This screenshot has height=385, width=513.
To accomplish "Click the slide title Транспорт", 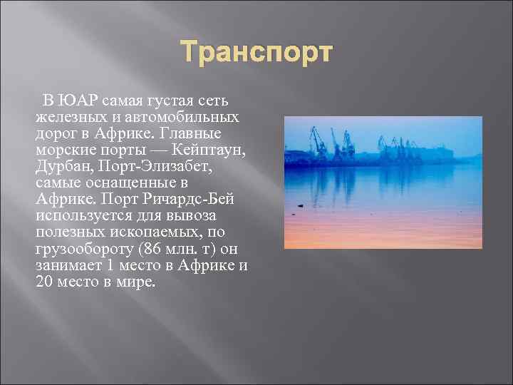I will click(x=256, y=53).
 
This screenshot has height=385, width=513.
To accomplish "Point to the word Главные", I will click(x=192, y=133).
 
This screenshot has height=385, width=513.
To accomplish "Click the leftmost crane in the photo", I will click(x=314, y=143).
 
